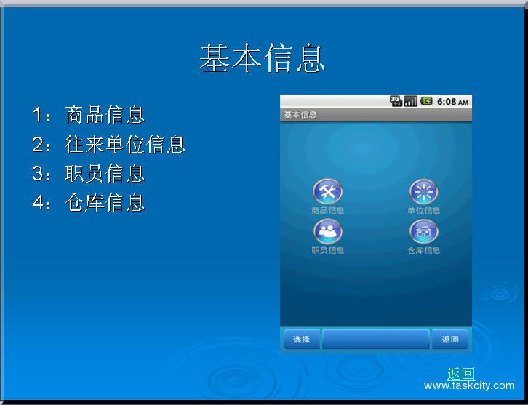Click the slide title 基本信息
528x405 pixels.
[x=262, y=58]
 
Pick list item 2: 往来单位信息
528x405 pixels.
[x=108, y=144]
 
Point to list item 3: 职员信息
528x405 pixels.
[x=88, y=173]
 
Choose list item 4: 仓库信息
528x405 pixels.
[x=88, y=202]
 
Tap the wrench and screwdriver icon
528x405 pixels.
[x=328, y=191]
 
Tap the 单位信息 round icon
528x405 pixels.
[x=424, y=191]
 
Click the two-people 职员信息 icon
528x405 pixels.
[x=328, y=231]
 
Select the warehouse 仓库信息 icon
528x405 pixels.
[x=424, y=231]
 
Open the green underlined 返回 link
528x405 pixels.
[x=461, y=374]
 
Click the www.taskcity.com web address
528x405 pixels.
[x=469, y=386]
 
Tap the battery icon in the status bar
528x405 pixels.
[x=426, y=101]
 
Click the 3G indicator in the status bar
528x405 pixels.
[x=396, y=101]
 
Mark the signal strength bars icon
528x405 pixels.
[x=411, y=101]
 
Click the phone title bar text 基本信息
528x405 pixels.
[x=300, y=115]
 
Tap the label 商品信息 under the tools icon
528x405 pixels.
[x=328, y=211]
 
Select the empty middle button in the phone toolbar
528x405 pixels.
[x=376, y=340]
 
